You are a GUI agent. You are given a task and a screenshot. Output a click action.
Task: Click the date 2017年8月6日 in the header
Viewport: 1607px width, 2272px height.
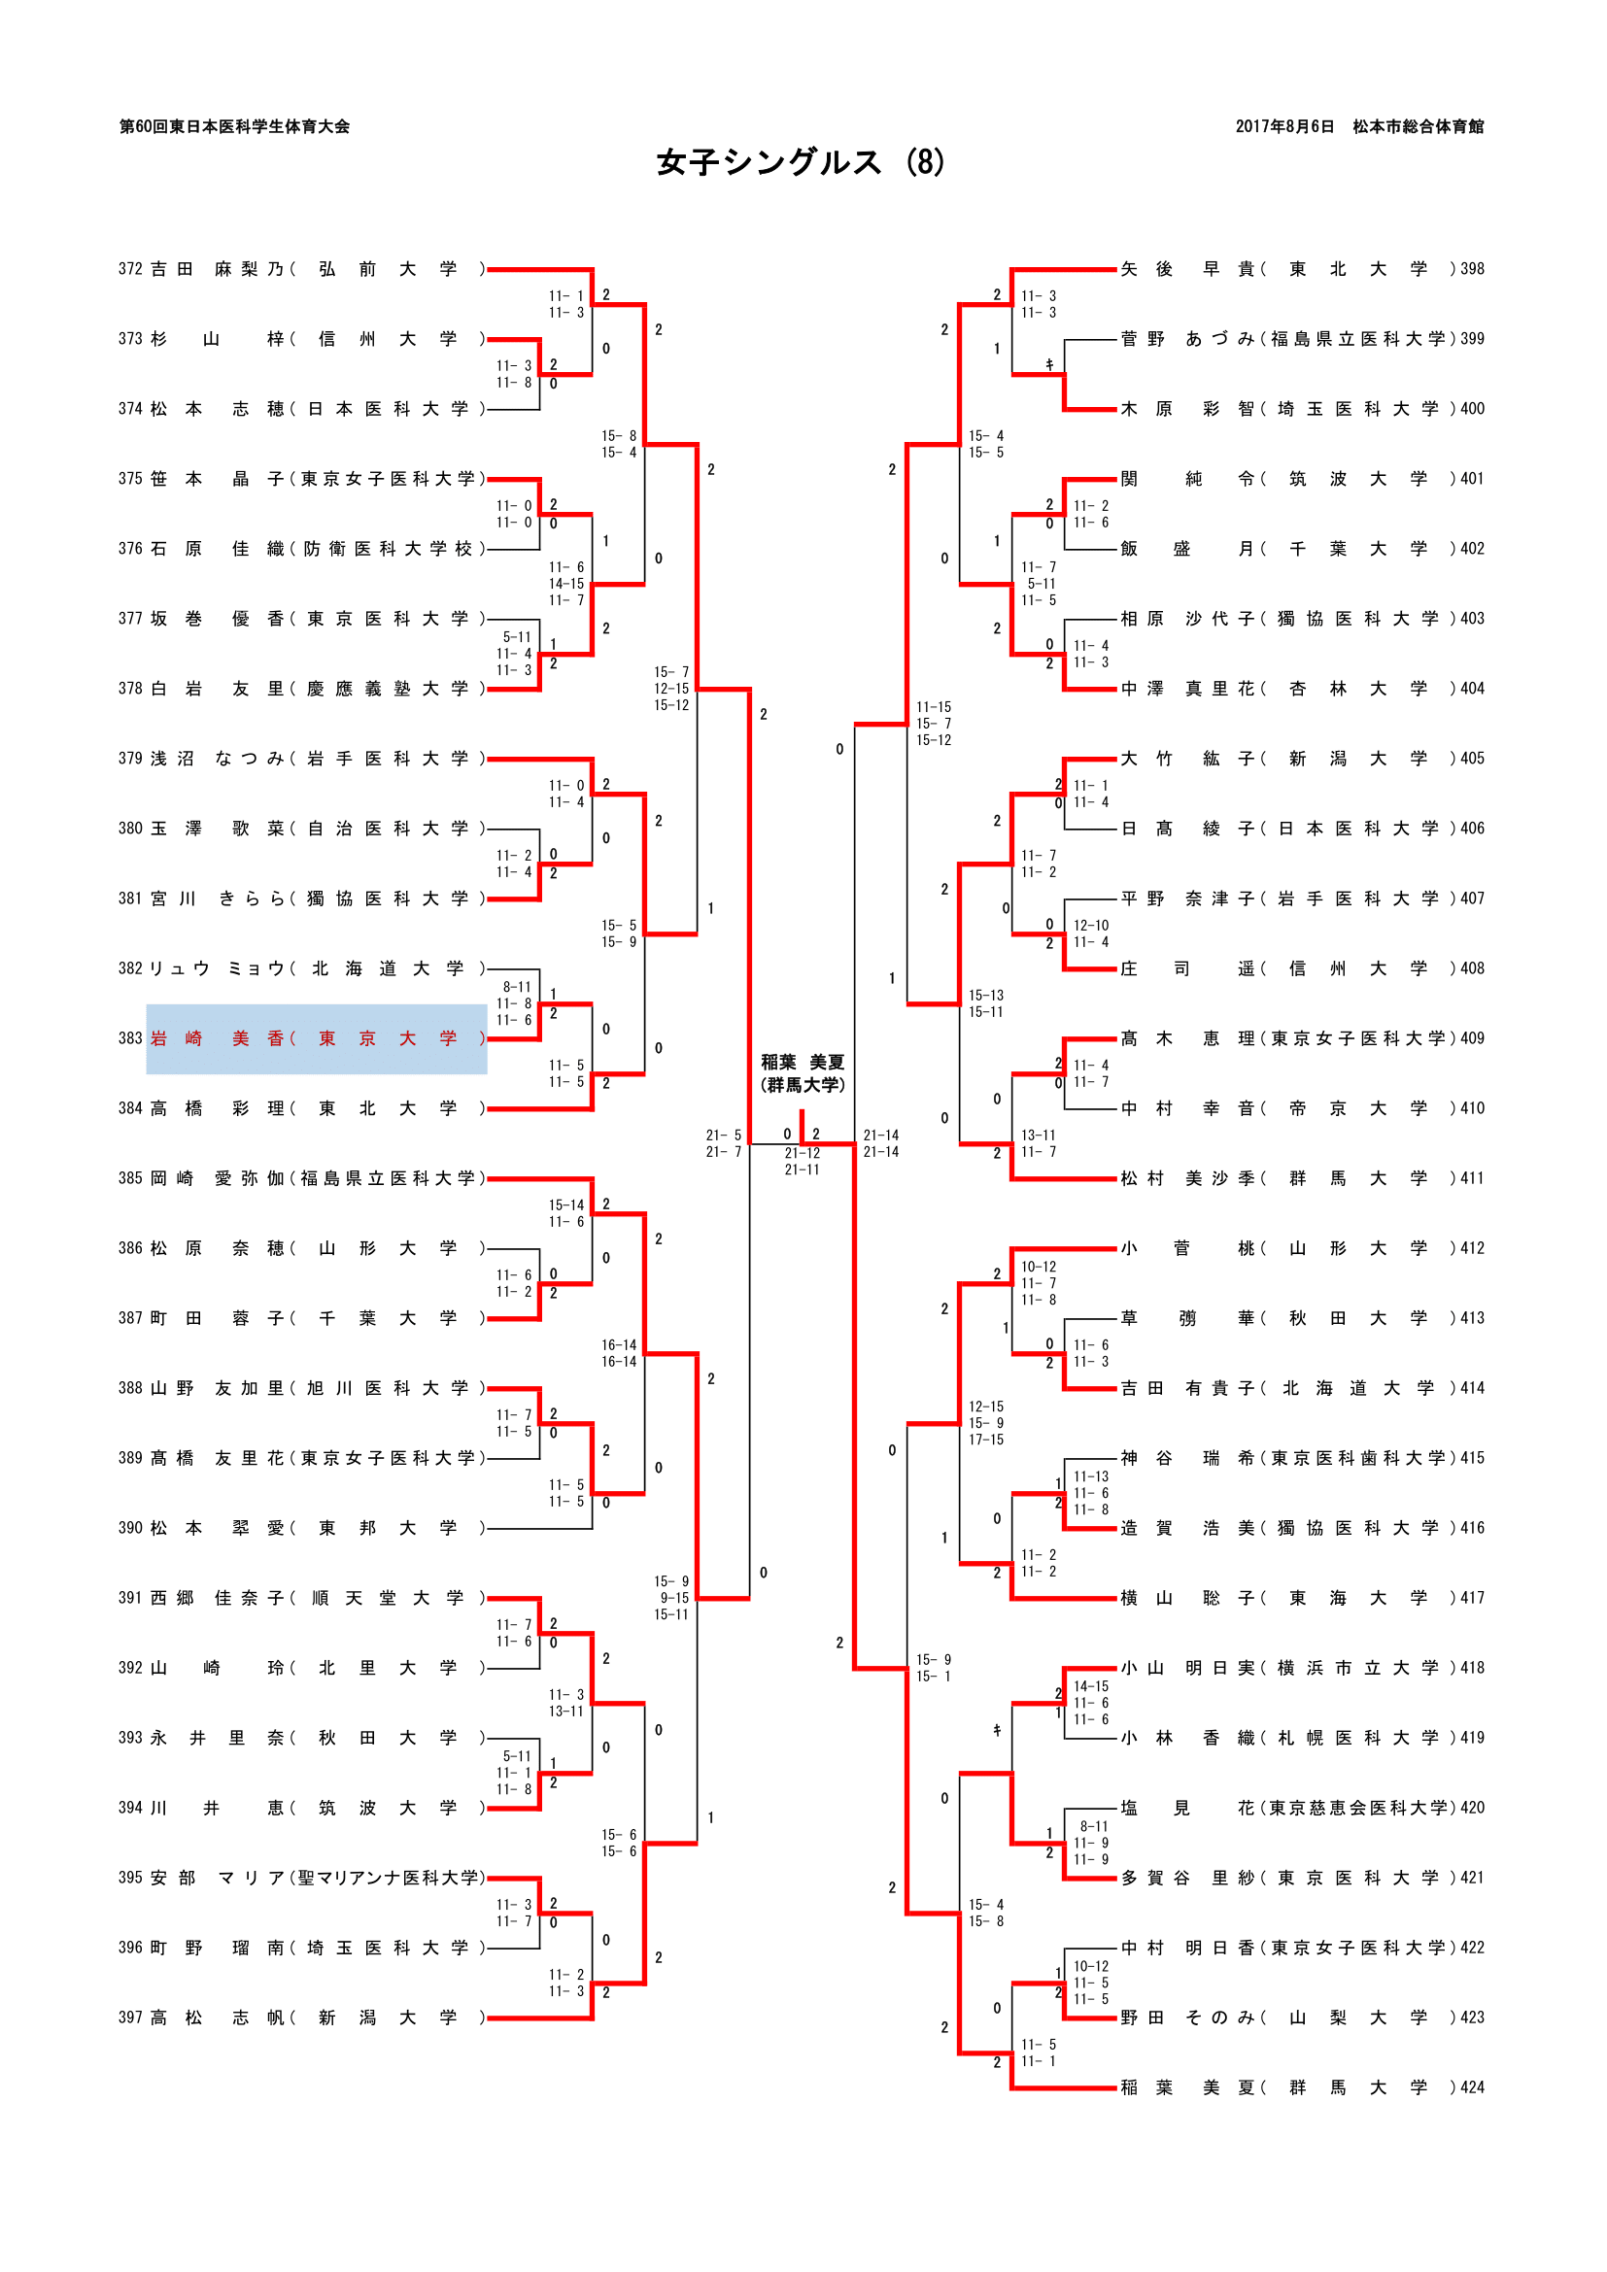point(1283,126)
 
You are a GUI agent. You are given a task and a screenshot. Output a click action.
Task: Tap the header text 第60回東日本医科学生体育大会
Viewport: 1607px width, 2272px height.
point(234,126)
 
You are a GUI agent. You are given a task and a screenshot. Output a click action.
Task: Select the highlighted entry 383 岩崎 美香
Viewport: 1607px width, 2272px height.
point(316,1038)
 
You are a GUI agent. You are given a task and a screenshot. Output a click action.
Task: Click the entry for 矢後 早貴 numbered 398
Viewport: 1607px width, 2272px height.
point(1301,269)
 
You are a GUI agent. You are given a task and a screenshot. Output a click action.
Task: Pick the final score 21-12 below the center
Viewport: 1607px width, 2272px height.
point(802,1153)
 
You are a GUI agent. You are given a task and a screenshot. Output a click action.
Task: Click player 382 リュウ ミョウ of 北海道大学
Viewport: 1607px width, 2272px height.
point(302,968)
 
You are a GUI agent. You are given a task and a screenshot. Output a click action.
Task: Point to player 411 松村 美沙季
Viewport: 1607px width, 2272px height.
point(1301,1178)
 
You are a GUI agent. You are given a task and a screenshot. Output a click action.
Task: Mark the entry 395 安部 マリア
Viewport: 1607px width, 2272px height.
point(302,1879)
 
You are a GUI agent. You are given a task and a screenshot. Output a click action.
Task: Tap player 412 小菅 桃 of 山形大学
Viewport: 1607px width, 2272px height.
point(1301,1249)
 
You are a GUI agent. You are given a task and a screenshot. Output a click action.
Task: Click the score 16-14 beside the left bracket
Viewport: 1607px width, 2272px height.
point(619,1345)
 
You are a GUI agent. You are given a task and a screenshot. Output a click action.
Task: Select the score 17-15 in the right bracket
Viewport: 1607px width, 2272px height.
point(985,1440)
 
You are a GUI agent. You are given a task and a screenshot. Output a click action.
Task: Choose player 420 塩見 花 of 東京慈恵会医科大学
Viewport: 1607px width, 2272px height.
point(1301,1808)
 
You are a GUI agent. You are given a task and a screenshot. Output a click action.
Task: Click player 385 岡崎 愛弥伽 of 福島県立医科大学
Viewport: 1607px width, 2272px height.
point(302,1178)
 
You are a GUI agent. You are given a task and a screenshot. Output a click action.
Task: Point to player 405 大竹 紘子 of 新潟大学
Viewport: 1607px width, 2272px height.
point(1301,759)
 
